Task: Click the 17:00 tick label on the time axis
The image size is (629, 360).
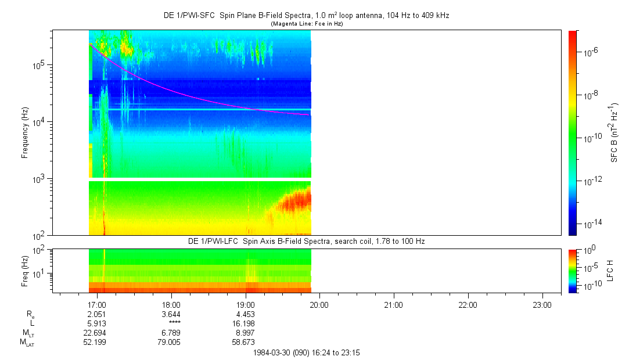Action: (x=97, y=304)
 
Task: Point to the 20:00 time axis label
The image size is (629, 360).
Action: (x=319, y=304)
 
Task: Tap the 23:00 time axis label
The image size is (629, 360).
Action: (x=542, y=304)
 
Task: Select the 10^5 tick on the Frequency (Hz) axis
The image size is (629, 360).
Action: (x=40, y=65)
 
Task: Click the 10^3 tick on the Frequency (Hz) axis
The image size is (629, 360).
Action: (x=40, y=179)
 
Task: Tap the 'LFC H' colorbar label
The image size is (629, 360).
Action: (x=610, y=271)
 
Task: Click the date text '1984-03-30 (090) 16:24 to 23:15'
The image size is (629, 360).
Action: (x=307, y=352)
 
